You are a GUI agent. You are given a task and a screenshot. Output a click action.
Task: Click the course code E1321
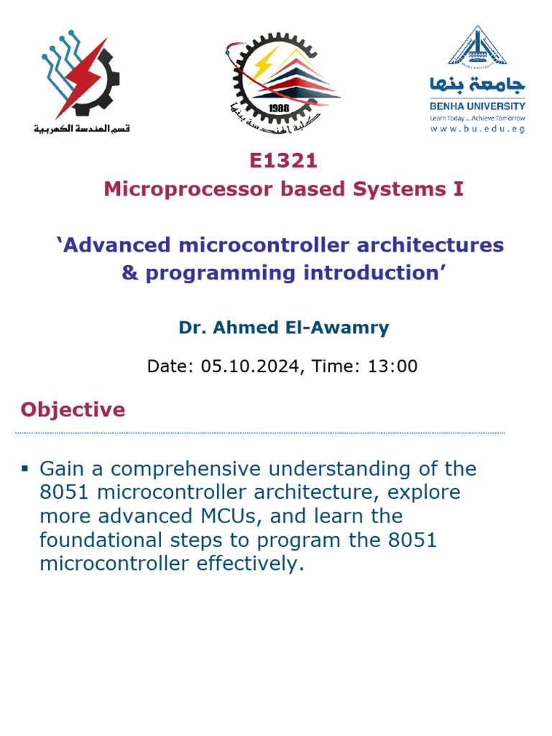[283, 160]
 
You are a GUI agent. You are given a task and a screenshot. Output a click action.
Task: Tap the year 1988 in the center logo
[278, 107]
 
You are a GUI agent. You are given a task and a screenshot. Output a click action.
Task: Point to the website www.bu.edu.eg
[477, 129]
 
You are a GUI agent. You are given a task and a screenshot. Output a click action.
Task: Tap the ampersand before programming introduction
[130, 273]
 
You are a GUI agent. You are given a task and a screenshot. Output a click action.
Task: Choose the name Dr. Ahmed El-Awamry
[283, 328]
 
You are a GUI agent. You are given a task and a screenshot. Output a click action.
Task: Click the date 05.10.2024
[249, 366]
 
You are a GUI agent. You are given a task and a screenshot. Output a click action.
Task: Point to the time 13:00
[392, 366]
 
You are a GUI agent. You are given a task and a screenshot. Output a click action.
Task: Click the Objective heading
[73, 410]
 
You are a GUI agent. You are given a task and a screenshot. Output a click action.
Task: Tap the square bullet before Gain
[24, 469]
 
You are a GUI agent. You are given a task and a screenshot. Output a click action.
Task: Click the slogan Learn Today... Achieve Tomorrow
[477, 118]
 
